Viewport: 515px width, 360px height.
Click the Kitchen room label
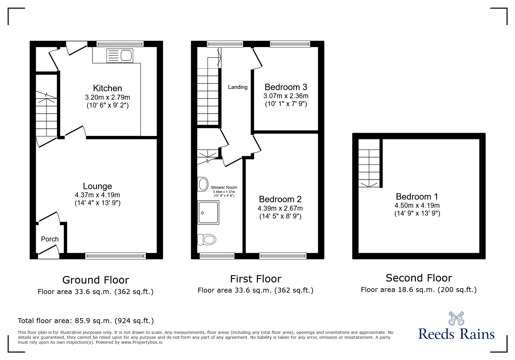point(107,88)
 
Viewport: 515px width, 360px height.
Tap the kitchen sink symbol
point(120,55)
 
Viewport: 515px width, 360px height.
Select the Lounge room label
point(97,186)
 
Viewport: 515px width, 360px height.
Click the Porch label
point(50,239)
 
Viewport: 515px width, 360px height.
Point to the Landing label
point(238,87)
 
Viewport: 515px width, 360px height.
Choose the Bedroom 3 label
point(286,87)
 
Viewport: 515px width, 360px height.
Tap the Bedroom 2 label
point(280,199)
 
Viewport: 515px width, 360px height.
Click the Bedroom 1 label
point(417,197)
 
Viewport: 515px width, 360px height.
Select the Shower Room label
point(224,188)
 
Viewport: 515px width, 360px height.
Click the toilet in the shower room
point(207,240)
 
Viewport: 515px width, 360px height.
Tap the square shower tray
point(208,213)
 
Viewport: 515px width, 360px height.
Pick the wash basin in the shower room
point(203,184)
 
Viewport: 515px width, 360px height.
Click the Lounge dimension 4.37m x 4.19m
point(97,195)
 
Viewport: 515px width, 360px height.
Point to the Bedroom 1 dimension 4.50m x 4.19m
point(417,206)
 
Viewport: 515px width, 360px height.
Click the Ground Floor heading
point(95,280)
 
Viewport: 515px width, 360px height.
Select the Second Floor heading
point(419,278)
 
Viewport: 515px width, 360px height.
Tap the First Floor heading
point(256,279)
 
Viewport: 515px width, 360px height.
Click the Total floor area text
point(86,321)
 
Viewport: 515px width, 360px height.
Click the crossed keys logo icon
point(456,318)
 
